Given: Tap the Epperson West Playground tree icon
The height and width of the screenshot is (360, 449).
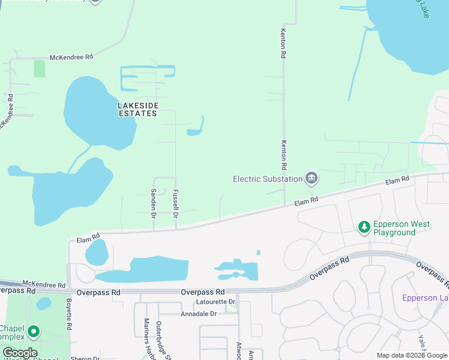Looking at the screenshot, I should coord(364,227).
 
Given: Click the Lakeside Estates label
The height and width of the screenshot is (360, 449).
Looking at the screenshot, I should coord(138,109).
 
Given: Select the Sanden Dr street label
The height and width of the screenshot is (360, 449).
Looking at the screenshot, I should coord(154,203).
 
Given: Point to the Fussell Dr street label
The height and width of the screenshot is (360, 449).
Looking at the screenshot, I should coord(176,204).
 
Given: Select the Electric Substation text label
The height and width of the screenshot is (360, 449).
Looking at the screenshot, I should coord(268,179).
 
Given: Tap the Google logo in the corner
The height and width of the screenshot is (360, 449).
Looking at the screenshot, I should coord(20,353).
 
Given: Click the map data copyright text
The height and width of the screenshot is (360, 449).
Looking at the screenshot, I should coord(412,355).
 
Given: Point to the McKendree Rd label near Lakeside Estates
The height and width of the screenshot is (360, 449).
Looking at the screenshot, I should coord(71,57).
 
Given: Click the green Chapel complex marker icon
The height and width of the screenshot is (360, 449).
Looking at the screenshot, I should coord(33,331).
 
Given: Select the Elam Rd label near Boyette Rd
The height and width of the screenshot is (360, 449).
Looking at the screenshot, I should coord(88,238).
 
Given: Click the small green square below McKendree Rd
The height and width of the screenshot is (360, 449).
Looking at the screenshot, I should coord(40,68).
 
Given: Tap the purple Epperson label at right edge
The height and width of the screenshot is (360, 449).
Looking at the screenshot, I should coord(425,298).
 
